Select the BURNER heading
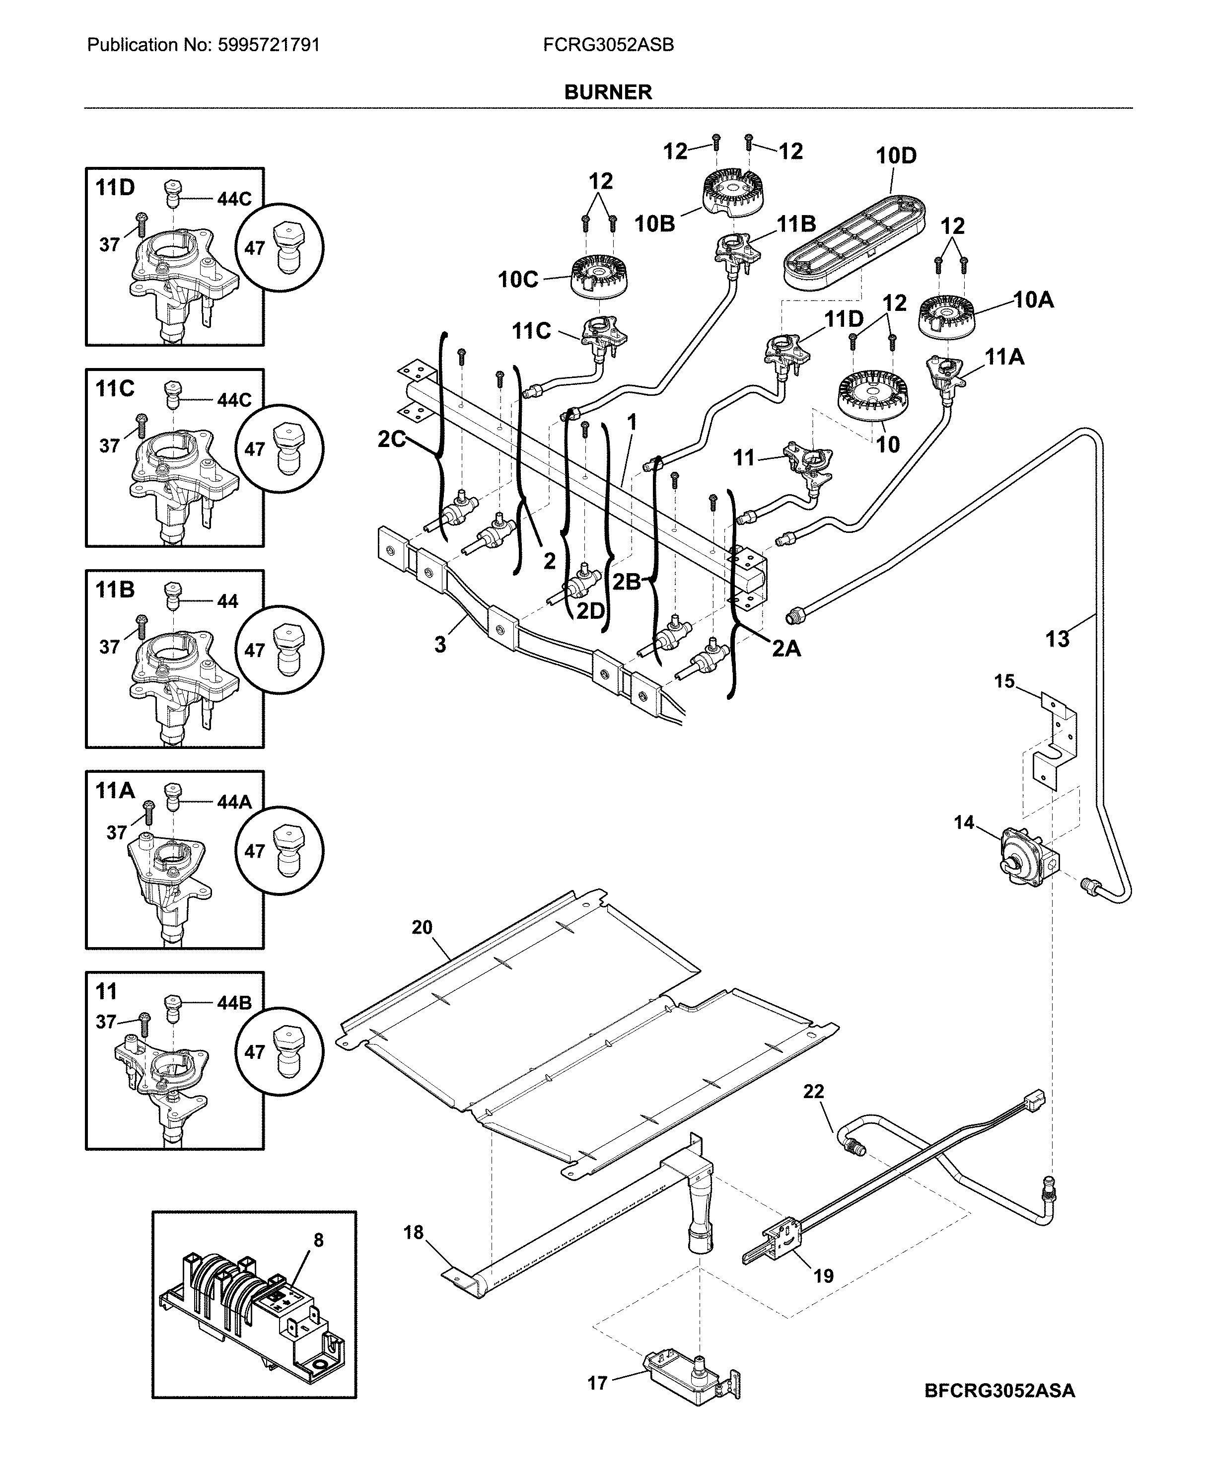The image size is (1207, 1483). click(608, 92)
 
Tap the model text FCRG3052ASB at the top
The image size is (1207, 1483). click(608, 45)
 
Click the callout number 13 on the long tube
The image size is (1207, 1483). click(1057, 639)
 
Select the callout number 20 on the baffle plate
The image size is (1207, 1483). click(422, 927)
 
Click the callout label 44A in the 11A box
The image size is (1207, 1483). click(234, 802)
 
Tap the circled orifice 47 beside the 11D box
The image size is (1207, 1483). click(280, 248)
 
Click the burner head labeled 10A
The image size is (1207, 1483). click(946, 318)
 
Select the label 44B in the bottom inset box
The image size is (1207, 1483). click(234, 1003)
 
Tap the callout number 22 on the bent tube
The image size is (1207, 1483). click(813, 1091)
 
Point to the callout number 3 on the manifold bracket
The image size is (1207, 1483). click(440, 645)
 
